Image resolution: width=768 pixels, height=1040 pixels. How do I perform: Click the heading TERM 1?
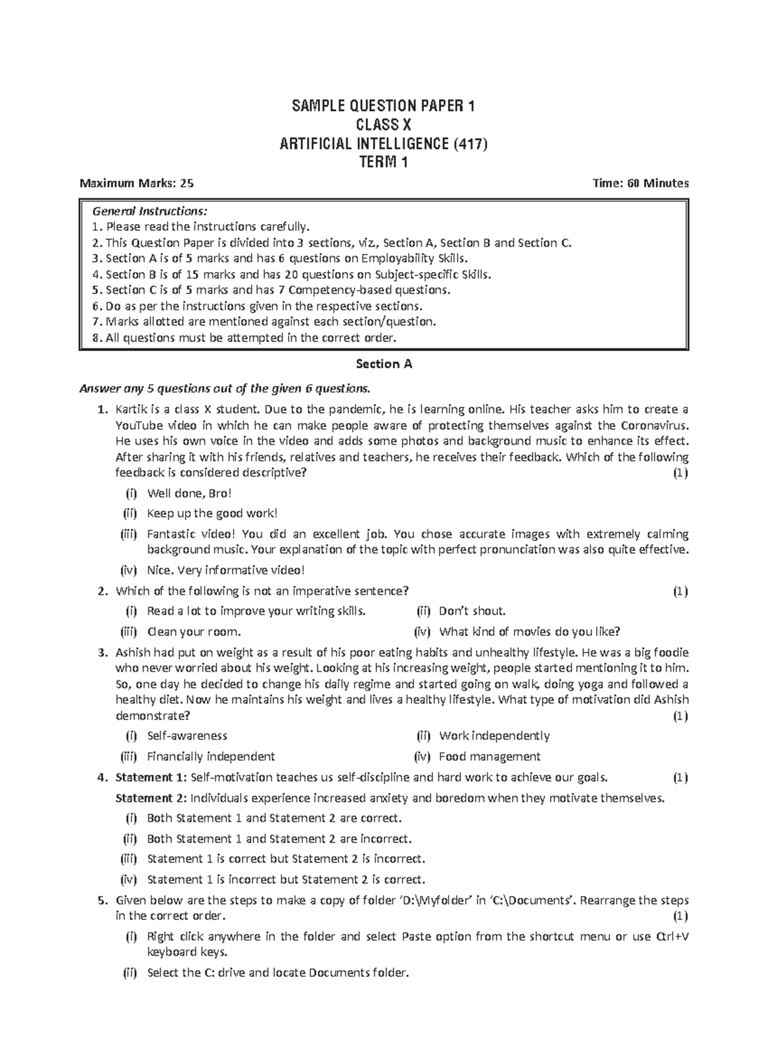(x=383, y=163)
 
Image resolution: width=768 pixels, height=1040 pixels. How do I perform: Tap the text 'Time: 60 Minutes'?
(x=641, y=183)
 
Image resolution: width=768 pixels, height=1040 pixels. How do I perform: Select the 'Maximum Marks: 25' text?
(x=136, y=183)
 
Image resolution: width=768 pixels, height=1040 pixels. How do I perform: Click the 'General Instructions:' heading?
(x=150, y=211)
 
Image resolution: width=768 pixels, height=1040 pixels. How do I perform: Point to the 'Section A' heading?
(x=383, y=364)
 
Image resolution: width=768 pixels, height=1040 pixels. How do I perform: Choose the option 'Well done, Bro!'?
(x=189, y=493)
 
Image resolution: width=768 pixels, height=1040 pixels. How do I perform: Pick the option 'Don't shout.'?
(x=472, y=611)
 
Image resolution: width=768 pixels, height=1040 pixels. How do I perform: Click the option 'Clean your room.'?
(x=194, y=632)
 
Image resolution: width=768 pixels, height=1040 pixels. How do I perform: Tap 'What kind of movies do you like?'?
(x=529, y=632)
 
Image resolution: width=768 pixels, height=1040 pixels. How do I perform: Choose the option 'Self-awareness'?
(x=187, y=736)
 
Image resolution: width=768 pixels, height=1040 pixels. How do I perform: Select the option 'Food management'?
(x=490, y=756)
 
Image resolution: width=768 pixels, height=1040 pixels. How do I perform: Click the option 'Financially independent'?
(x=211, y=756)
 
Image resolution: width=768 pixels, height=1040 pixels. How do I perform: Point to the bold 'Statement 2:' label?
(x=151, y=798)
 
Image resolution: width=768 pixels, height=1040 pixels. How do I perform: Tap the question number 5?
(x=101, y=900)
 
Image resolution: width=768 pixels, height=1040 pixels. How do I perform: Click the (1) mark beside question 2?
(x=680, y=590)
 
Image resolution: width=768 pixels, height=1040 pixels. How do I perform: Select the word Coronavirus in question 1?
(x=656, y=426)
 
